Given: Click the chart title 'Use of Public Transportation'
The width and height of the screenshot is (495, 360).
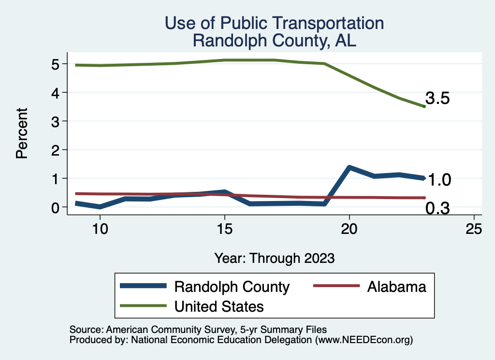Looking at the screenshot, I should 274,23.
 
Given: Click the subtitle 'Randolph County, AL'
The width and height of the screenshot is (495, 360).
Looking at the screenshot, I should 274,41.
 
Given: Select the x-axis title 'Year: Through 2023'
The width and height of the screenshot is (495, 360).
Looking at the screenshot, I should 274,258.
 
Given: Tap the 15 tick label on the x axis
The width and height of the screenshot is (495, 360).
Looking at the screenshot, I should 224,229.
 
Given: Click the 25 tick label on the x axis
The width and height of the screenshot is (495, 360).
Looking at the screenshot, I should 474,229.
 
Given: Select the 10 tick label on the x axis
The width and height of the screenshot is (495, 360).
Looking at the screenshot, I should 100,229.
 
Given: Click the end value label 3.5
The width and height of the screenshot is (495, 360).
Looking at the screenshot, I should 438,99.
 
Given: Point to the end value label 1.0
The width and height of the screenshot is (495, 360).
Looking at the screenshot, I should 440,180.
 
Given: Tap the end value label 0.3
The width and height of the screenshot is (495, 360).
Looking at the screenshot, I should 438,208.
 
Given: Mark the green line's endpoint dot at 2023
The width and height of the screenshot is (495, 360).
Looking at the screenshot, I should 424,106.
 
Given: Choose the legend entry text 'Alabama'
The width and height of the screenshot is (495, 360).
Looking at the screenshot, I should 396,287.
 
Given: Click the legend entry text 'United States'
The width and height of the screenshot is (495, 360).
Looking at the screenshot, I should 219,306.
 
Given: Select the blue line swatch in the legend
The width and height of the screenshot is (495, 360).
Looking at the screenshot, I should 144,287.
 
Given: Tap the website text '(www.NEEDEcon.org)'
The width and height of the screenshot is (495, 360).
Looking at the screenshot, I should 364,340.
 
